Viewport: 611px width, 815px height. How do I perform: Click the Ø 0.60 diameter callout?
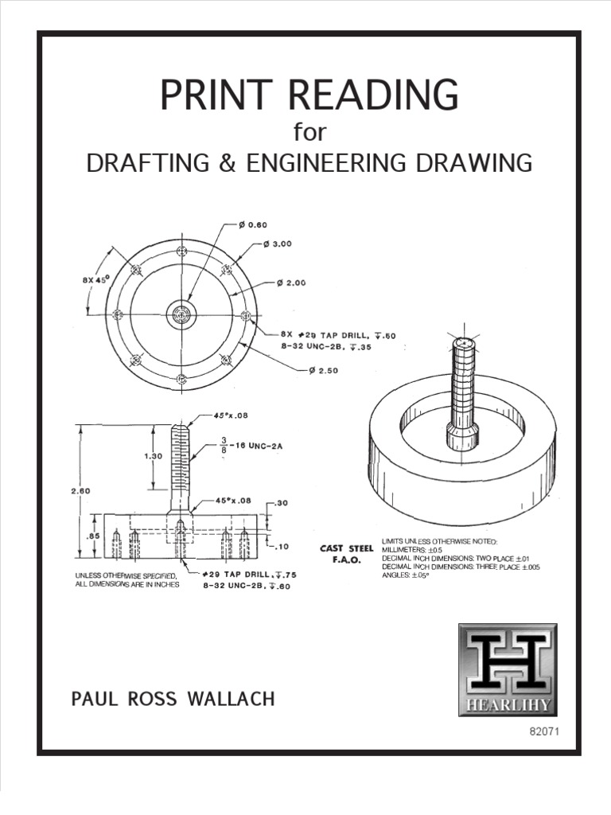click(x=252, y=224)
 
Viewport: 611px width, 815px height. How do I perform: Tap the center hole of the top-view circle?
click(x=181, y=314)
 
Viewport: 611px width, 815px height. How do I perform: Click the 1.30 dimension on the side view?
click(x=133, y=458)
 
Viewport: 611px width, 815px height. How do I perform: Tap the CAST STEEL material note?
click(x=346, y=548)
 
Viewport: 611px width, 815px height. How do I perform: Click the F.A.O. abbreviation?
click(x=346, y=560)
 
